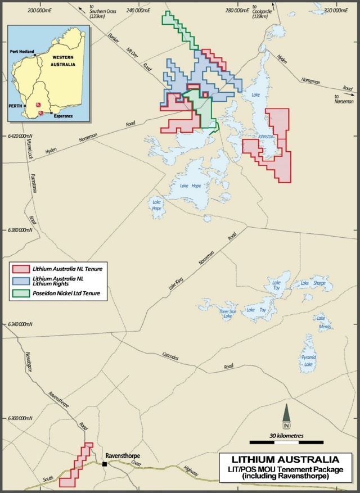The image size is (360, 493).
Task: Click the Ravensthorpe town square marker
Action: point(105,464)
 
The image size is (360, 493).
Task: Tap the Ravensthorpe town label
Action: point(122,456)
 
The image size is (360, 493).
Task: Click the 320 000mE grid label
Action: point(333,10)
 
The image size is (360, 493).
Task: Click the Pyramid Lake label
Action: point(307,361)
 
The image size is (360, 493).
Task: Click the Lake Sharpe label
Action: point(313,283)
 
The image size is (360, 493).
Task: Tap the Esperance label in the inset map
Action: point(64,114)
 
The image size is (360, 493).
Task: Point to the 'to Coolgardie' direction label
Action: point(263,12)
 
